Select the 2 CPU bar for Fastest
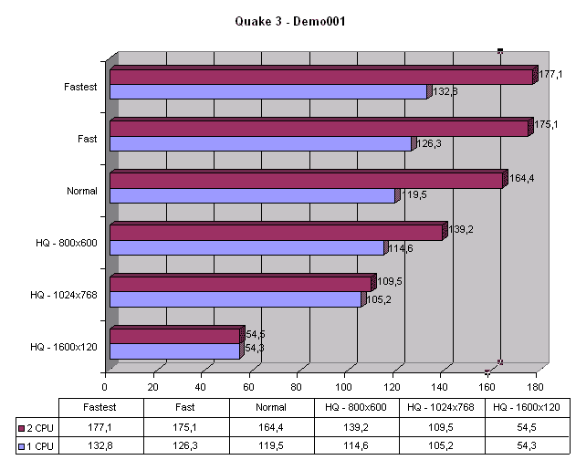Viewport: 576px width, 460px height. click(319, 77)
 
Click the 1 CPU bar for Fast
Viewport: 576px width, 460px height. click(260, 143)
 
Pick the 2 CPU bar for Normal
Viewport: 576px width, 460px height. click(305, 181)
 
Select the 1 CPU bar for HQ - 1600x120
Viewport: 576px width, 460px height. click(174, 350)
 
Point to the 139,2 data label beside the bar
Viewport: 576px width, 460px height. click(460, 229)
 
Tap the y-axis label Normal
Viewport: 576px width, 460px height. click(82, 191)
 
